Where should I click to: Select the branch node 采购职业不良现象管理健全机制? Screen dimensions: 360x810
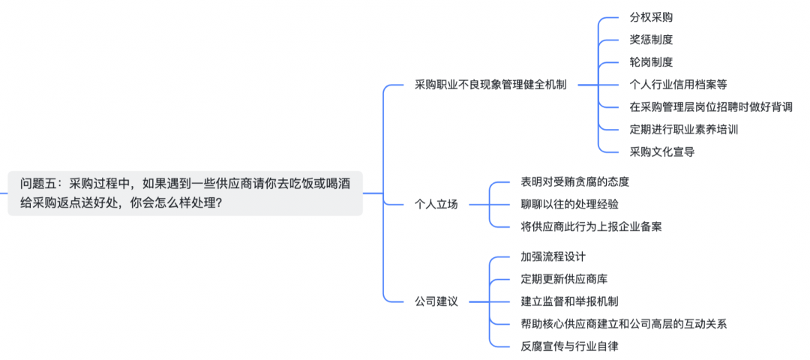point(490,85)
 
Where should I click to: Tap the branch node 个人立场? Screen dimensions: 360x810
point(436,203)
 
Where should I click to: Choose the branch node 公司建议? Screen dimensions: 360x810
point(436,301)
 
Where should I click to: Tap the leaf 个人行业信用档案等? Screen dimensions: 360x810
point(678,85)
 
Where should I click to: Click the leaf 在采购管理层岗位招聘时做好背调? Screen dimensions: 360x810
point(711,107)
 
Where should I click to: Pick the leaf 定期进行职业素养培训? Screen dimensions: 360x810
point(683,130)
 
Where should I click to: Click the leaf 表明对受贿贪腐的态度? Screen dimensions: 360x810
point(574,181)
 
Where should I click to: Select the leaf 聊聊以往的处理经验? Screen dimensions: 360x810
point(569,204)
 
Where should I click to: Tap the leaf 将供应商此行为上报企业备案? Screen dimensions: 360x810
point(591,226)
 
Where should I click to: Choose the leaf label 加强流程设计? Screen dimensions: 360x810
point(553,256)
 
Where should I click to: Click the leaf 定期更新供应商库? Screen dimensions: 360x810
point(564,279)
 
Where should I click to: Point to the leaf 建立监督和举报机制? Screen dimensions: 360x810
point(569,301)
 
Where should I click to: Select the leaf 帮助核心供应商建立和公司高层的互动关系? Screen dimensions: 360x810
point(623,324)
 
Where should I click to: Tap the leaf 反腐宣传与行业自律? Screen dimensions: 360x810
point(569,346)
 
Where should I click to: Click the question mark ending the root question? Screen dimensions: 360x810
point(218,203)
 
